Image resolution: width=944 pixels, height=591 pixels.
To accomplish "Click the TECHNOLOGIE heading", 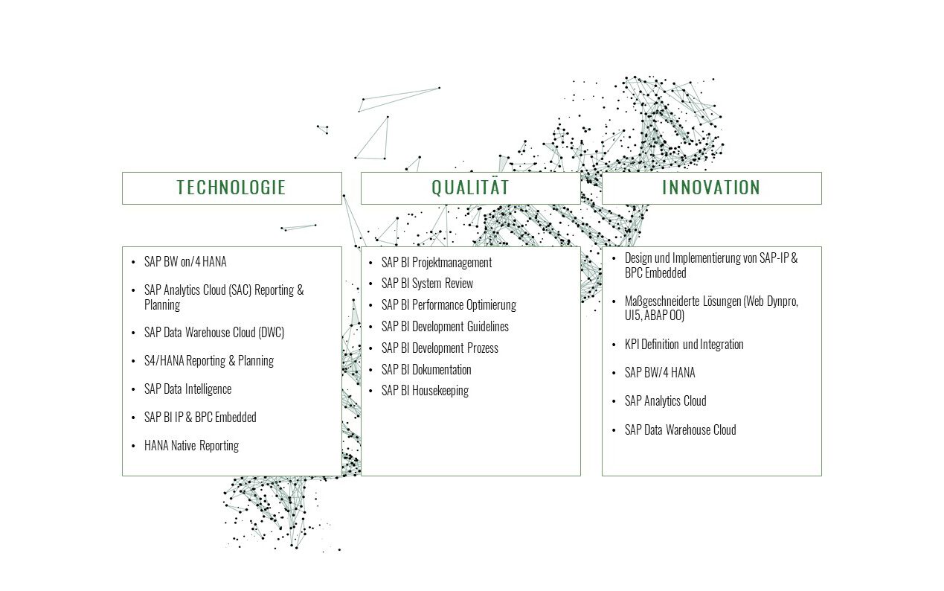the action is coord(231,188).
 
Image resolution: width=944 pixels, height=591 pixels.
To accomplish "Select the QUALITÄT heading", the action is coord(470,187).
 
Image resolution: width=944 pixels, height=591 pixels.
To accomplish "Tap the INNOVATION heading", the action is coord(711,188).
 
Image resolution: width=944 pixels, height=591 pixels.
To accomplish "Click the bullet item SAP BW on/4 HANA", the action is coord(185,262).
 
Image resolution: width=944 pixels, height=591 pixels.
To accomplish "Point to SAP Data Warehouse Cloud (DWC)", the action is coord(214,333).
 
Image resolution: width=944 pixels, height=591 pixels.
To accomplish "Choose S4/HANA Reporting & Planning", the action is coord(209,361).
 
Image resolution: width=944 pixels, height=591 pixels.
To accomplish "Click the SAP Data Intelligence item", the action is coord(188,389).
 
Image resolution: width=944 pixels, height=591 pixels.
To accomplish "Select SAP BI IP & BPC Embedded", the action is coord(200,418).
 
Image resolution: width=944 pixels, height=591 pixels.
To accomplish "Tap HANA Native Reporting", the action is coord(191,446).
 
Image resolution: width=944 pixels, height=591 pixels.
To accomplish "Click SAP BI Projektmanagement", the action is coord(437,263).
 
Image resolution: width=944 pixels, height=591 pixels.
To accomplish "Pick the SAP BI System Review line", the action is coord(427,284).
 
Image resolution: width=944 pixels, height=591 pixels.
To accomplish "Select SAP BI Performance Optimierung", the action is coord(449,304).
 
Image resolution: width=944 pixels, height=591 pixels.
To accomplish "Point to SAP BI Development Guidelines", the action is coord(445,326).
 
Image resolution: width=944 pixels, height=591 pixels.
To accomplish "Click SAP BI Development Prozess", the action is coord(440,348).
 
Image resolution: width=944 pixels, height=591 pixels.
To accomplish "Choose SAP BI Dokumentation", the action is coord(426,370).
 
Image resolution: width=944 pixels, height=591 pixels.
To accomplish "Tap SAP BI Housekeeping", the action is coord(426,391).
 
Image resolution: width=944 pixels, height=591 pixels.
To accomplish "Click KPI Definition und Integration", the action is coord(684,345).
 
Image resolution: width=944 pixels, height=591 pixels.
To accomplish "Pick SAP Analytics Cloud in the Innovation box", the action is coord(666,401).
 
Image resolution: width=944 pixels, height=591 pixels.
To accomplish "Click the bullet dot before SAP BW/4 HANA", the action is coord(614,374).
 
